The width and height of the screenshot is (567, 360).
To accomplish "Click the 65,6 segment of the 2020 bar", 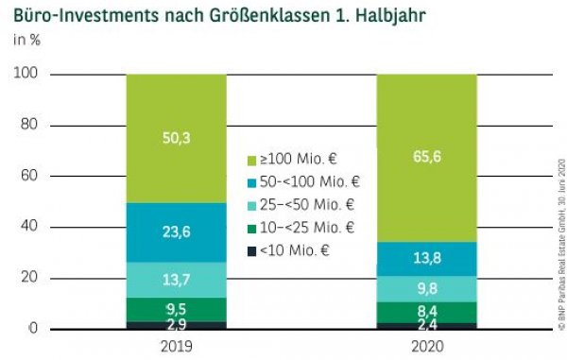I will coord(426,157).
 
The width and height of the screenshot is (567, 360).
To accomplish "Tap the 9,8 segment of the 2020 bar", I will coord(426,289).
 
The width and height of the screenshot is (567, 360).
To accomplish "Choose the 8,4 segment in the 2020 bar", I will coord(426,312).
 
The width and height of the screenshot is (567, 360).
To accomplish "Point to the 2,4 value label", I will coord(426,325).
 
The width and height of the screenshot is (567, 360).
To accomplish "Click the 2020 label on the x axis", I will coord(426,346).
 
